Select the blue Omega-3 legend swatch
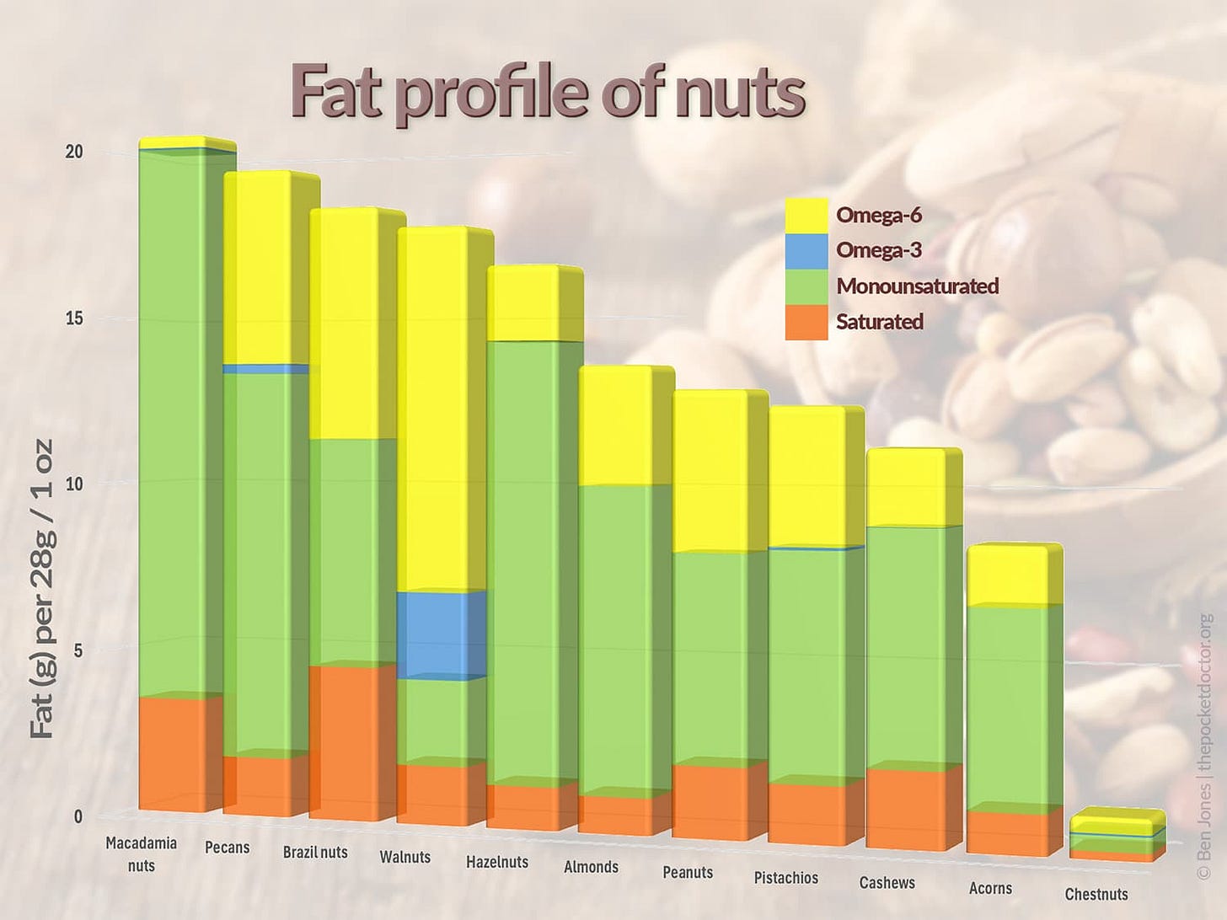coord(806,251)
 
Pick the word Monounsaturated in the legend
coord(917,286)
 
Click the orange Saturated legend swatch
coord(806,322)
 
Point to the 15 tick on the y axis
coord(74,318)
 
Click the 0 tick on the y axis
coord(78,816)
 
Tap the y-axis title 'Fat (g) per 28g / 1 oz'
coord(42,588)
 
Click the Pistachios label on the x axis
coord(785,878)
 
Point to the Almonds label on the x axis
coord(591,867)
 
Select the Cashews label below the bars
coord(887,883)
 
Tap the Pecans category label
coord(228,848)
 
